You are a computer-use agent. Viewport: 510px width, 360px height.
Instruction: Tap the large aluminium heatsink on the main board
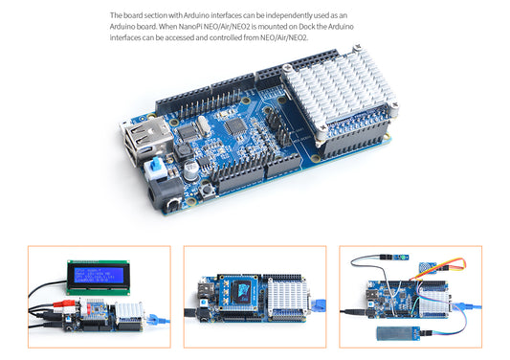344,99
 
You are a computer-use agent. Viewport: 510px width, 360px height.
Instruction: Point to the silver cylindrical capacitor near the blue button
192,166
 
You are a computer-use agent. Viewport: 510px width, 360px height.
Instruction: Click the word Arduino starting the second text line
124,27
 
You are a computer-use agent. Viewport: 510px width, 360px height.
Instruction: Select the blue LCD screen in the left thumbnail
99,276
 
